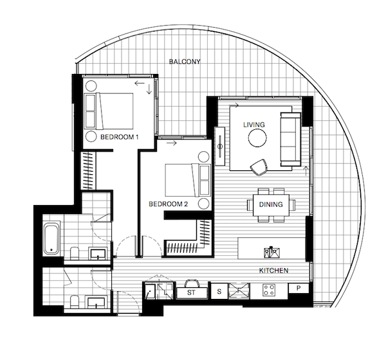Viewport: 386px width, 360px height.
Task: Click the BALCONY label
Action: pyautogui.click(x=185, y=62)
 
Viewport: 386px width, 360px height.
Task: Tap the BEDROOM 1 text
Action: pyautogui.click(x=120, y=137)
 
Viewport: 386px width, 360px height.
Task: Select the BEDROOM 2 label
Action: pyautogui.click(x=169, y=204)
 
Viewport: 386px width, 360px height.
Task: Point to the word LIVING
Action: pyautogui.click(x=254, y=125)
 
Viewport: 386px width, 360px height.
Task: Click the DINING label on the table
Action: pyautogui.click(x=271, y=204)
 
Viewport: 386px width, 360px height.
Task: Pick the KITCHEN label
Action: pyautogui.click(x=274, y=271)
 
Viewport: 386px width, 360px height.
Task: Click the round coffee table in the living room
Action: pyautogui.click(x=257, y=138)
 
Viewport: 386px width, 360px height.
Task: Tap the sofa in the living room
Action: pyautogui.click(x=291, y=139)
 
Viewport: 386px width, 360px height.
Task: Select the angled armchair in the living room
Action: pyautogui.click(x=259, y=167)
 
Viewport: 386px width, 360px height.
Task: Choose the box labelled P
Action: pyautogui.click(x=299, y=288)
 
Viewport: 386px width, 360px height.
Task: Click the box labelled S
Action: pyautogui.click(x=219, y=292)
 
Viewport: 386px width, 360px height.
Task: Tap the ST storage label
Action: pyautogui.click(x=191, y=293)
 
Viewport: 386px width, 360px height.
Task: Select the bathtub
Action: pyautogui.click(x=51, y=239)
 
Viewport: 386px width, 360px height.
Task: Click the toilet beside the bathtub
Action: pyautogui.click(x=74, y=253)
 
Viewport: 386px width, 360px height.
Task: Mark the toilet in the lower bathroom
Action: pyautogui.click(x=74, y=302)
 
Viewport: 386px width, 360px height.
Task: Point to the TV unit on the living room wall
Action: pyautogui.click(x=220, y=147)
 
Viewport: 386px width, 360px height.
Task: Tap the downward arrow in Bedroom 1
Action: pyautogui.click(x=149, y=89)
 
